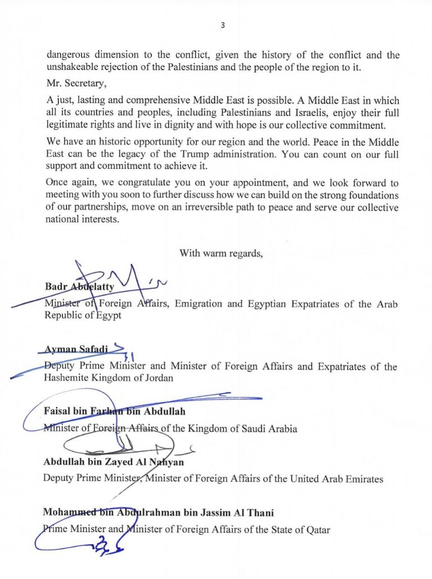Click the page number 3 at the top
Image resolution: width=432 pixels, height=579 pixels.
(x=223, y=25)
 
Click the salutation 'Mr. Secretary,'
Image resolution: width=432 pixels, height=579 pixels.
(x=72, y=84)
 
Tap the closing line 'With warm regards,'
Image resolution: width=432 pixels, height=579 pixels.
(x=221, y=253)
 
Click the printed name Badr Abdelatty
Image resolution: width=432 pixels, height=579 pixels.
(x=79, y=287)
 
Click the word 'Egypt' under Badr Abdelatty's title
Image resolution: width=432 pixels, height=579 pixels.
(x=109, y=315)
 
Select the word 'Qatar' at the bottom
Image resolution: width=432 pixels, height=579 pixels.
(x=317, y=529)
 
